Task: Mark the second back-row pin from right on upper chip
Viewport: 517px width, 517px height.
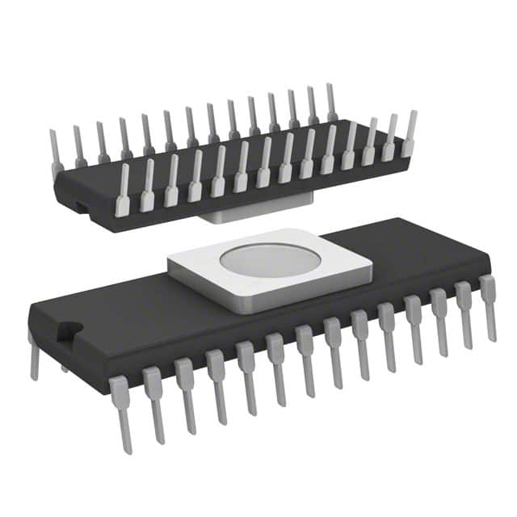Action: [312, 106]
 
